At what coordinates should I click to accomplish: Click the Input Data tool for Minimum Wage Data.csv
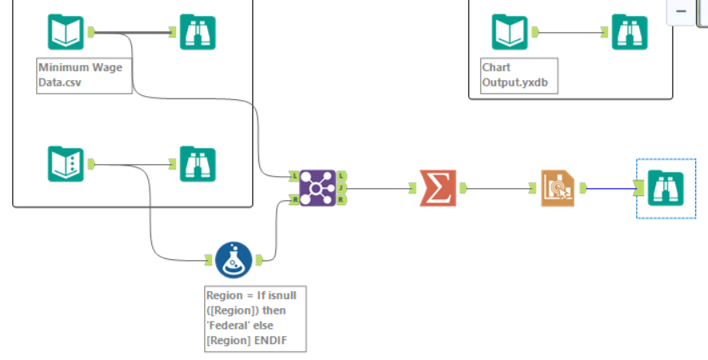point(65,32)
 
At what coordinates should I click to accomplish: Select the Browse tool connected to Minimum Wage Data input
point(197,32)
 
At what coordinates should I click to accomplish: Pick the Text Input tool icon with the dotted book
point(65,164)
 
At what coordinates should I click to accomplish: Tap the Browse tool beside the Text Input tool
point(197,164)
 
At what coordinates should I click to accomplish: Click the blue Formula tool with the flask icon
point(234,260)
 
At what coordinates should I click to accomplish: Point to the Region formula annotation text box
point(254,318)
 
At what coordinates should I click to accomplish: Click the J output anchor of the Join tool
point(342,188)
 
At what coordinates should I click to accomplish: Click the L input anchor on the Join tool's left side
point(294,175)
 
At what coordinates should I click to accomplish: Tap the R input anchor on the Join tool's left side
point(294,201)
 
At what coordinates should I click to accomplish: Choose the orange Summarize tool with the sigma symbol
point(437,189)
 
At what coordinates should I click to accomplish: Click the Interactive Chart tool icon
point(557,189)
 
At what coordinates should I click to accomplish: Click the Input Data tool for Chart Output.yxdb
point(510,32)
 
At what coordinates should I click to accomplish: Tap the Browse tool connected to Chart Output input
point(630,32)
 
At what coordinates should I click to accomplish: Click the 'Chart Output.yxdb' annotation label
point(518,75)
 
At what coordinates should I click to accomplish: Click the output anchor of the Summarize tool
point(462,189)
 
